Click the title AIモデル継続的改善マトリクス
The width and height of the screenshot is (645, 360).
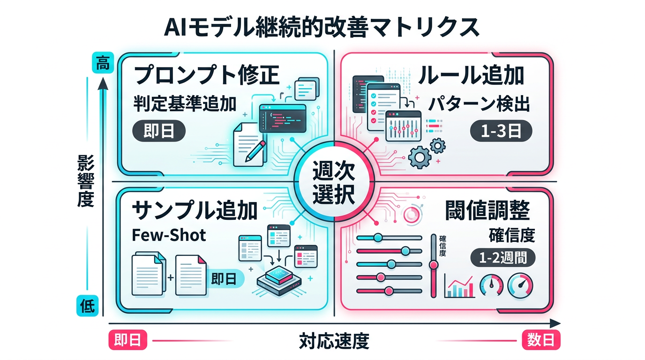point(322,28)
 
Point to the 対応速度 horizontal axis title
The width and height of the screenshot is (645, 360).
point(334,341)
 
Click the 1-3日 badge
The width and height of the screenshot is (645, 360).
point(501,132)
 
